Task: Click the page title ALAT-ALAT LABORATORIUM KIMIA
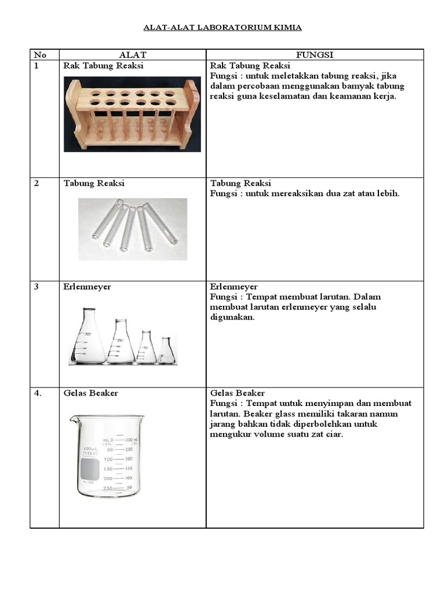222,27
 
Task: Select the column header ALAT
132,54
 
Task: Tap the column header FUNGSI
315,54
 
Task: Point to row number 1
36,65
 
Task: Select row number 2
36,184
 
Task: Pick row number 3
36,287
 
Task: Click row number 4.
37,393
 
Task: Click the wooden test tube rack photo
132,114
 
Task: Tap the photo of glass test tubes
132,227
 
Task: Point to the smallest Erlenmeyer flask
166,351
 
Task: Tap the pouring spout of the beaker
73,419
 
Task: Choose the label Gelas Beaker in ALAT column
90,393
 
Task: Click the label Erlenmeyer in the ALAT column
87,287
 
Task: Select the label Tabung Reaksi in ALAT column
94,184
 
